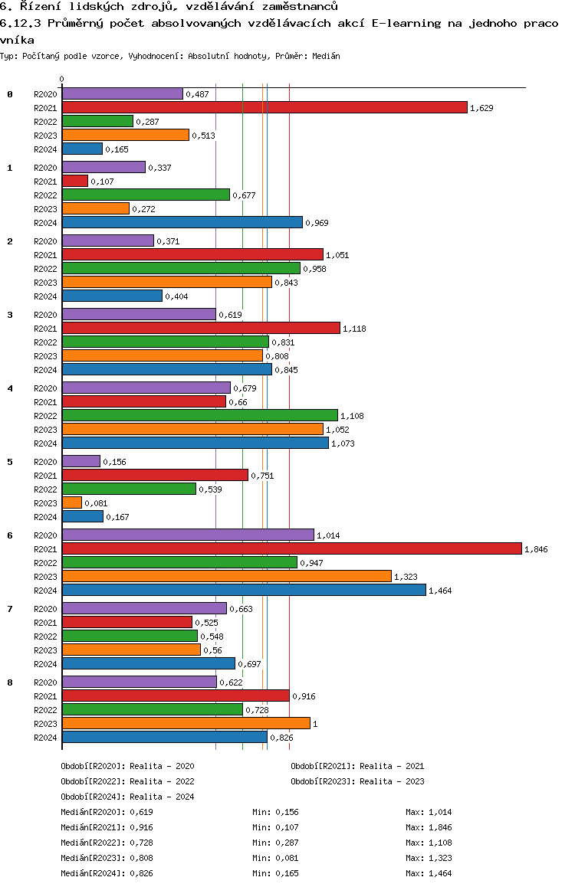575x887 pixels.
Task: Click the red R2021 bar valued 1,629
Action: pos(264,107)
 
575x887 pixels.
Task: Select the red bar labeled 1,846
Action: pos(291,548)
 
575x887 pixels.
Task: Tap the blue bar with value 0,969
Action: pos(182,222)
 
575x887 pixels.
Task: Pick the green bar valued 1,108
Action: pos(199,415)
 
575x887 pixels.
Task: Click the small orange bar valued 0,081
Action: pos(71,502)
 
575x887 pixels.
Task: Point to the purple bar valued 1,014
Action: pos(188,535)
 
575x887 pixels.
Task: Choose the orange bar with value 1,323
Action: pos(226,576)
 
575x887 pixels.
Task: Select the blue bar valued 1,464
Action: pos(244,590)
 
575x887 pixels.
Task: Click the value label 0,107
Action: pos(102,182)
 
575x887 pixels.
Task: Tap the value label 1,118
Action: pos(355,329)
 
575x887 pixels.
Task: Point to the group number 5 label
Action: pos(10,462)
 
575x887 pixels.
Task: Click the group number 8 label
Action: pos(10,682)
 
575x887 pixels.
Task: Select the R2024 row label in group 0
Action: pos(45,149)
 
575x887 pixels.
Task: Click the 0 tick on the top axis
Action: pos(61,79)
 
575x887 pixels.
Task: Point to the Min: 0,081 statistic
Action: pos(275,858)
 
